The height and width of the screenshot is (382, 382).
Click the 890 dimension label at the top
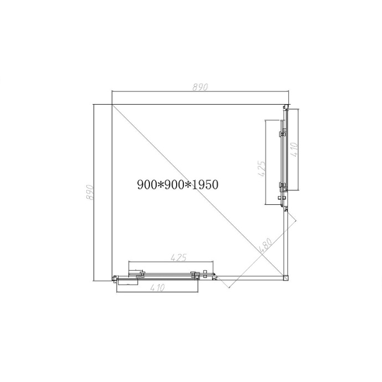click(200, 87)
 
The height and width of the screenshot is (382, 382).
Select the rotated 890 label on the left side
click(90, 193)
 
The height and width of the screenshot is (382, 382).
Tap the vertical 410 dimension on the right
click(295, 149)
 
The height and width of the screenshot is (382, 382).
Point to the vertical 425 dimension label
click(261, 168)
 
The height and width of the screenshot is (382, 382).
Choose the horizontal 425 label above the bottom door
click(179, 257)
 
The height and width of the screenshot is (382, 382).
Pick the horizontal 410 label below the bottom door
click(157, 288)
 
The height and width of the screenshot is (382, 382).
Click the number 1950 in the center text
click(205, 184)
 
